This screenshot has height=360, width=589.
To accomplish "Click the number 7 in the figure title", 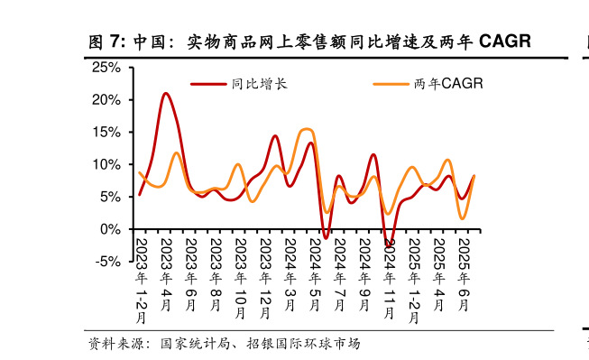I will click(x=115, y=42).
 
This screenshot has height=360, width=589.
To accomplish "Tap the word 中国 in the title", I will click(x=148, y=42).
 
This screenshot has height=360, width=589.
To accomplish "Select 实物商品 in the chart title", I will click(x=218, y=42).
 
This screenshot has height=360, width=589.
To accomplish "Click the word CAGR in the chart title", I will click(x=504, y=42).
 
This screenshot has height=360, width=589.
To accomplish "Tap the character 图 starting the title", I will click(x=97, y=42).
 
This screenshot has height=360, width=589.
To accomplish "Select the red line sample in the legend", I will click(x=208, y=84).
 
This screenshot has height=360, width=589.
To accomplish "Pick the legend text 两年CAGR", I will click(x=446, y=84).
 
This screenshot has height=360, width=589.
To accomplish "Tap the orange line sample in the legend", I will click(x=391, y=84).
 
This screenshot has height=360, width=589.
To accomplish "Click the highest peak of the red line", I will click(x=165, y=93).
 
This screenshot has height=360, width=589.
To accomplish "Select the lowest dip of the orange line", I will click(x=463, y=218).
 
